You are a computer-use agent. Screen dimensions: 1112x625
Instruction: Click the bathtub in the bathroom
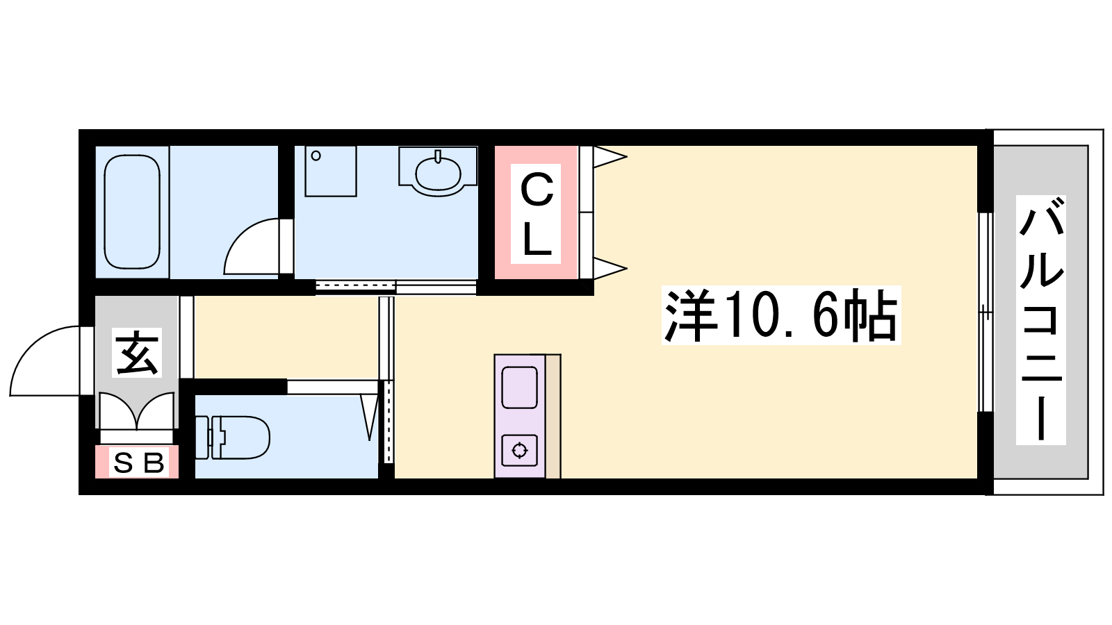click(x=132, y=212)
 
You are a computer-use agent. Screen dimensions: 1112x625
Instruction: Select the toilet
click(x=232, y=437)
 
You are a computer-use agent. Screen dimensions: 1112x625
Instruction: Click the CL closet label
click(x=536, y=213)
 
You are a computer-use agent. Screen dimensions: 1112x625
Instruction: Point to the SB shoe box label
click(x=138, y=463)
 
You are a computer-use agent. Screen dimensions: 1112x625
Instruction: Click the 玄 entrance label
click(x=136, y=352)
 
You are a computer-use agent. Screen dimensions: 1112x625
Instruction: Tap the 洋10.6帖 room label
click(x=781, y=315)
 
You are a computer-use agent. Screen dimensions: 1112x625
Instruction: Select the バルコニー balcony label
click(x=1040, y=320)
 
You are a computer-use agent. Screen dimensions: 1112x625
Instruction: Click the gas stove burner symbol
click(x=519, y=451)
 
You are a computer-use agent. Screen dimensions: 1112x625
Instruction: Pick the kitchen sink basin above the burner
click(x=519, y=387)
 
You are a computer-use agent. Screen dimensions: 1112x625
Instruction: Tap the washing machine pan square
click(x=331, y=171)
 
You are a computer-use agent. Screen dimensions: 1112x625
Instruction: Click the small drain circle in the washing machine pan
click(x=316, y=156)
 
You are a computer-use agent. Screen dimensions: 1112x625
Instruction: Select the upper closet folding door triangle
click(x=610, y=157)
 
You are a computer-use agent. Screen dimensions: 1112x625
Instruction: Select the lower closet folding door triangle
click(x=610, y=268)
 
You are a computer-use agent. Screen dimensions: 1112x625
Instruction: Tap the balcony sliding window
click(x=986, y=312)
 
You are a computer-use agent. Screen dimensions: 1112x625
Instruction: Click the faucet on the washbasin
click(x=437, y=156)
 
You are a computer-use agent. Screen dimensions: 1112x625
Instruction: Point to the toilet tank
click(x=202, y=437)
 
